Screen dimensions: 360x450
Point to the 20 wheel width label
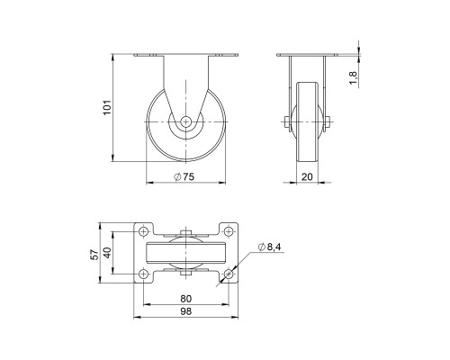click(307, 176)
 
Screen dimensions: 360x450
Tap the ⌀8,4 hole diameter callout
click(270, 247)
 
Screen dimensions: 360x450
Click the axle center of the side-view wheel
click(185, 122)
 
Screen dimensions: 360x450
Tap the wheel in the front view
click(307, 122)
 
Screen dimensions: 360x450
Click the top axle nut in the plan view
click(185, 234)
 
